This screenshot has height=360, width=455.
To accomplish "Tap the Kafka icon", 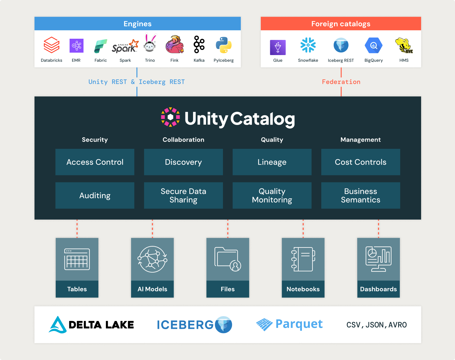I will point(199,44).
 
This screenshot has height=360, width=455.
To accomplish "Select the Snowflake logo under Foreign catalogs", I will point(308,45).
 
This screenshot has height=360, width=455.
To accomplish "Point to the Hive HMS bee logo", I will point(404,45).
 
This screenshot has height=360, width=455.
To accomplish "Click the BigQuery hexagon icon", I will point(374,46).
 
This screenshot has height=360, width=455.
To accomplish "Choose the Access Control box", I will point(95,162).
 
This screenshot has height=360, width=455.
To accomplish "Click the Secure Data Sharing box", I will point(183,195).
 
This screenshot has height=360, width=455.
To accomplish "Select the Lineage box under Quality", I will point(272,162).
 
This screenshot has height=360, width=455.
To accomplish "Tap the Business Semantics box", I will point(361,195).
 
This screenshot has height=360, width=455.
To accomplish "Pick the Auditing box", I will point(95,195).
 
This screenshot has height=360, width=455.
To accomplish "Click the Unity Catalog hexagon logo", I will point(170,117).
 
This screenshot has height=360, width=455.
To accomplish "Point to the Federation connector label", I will point(341,82).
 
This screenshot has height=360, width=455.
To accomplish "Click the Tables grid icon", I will point(77,259).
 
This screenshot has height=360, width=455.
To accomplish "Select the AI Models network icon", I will point(152,259).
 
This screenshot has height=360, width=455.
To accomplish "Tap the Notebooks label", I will point(303,289).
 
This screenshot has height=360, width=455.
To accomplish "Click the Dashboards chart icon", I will point(378,259).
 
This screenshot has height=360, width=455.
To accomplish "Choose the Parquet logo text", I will point(299,324).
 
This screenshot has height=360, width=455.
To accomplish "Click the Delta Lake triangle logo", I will point(57,325).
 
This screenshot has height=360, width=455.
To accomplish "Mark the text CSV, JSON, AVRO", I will point(376,325).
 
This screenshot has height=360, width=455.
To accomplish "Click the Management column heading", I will point(361,140).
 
